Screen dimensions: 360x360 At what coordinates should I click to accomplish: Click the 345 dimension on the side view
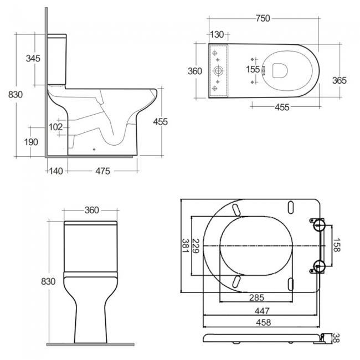33,58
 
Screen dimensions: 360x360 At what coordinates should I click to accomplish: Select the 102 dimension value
56,126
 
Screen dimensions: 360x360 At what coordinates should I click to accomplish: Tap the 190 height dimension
31,142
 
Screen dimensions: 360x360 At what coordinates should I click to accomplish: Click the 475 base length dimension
101,171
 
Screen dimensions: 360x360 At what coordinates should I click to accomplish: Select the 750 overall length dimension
263,18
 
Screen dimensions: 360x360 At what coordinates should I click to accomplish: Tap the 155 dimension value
253,69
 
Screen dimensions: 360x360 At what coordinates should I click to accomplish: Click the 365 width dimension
339,81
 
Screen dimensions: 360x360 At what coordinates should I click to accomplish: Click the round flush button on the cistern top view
219,71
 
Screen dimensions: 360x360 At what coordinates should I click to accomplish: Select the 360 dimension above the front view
91,210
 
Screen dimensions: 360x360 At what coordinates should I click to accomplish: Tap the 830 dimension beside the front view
48,281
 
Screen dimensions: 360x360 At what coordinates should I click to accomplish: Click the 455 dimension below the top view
282,107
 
